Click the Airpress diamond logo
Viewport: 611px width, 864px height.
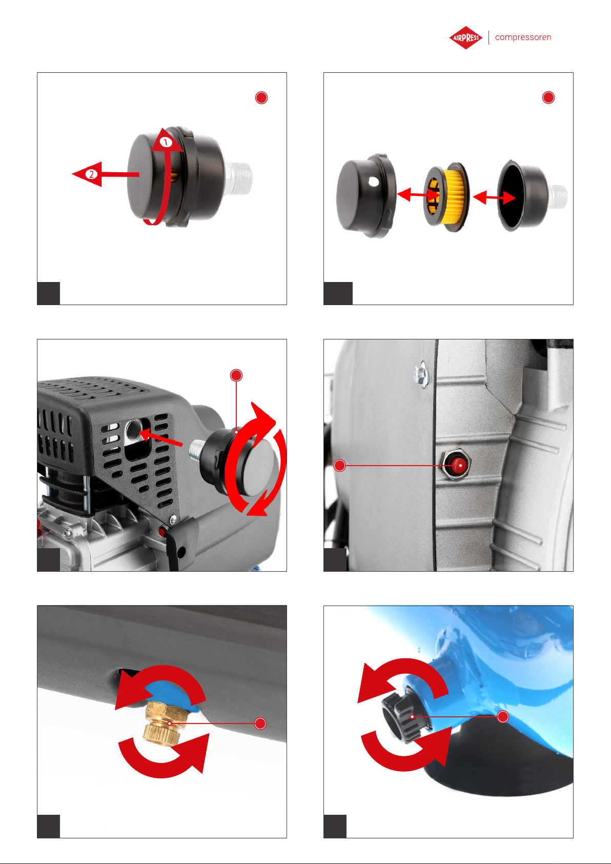coord(465,37)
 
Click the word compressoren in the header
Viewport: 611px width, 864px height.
coord(523,37)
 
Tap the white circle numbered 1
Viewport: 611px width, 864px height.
coord(166,142)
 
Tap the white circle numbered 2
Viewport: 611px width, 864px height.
coord(91,174)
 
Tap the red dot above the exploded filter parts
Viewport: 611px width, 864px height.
coord(548,97)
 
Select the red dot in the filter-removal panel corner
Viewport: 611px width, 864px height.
coord(261,97)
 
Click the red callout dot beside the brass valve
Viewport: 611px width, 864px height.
coord(260,723)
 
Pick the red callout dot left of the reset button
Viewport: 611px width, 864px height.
coord(340,466)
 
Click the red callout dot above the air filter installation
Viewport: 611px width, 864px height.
coord(236,375)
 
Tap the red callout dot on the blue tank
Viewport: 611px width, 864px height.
coord(503,717)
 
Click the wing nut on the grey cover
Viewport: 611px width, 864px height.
coord(421,373)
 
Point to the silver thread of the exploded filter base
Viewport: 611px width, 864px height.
coord(558,197)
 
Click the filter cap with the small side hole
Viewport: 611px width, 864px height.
coord(365,195)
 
